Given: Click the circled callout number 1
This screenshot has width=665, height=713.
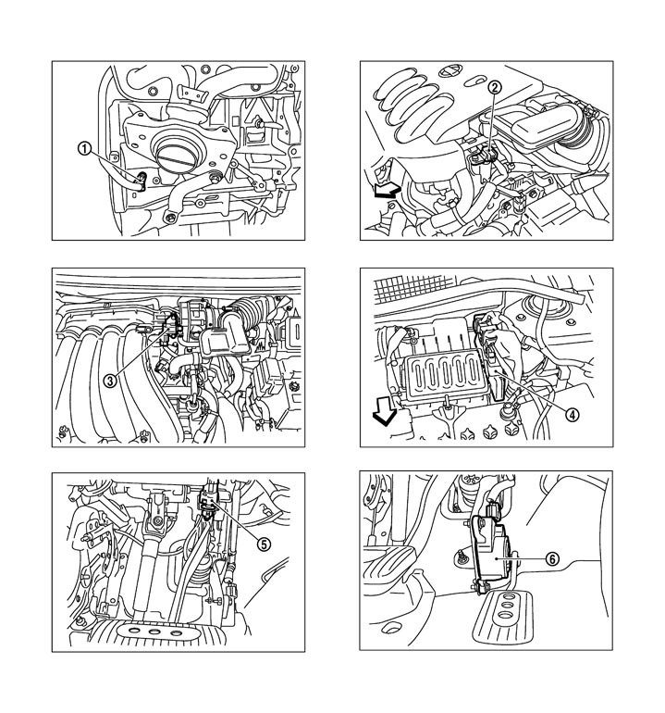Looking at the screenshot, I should pos(84,148).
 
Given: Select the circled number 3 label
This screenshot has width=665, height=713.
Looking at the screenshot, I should pos(109,380).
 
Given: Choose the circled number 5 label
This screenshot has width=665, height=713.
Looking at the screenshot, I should pos(264,544).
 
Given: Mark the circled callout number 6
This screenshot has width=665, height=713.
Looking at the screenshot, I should pos(551,558).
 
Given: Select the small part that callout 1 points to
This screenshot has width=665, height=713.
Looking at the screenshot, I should pos(142,179).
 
